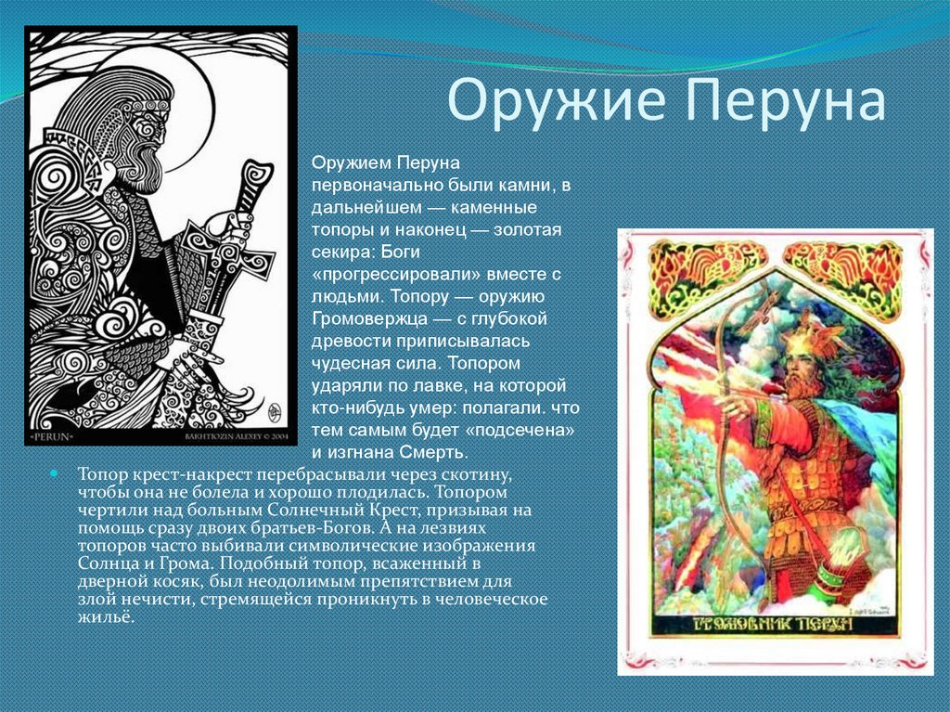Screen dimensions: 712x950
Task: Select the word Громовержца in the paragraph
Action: [x=366, y=318]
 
